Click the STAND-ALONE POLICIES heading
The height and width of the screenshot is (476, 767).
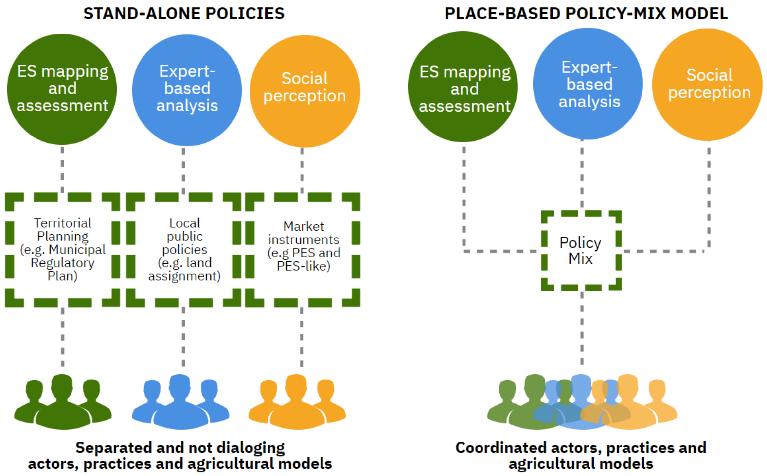point(184,14)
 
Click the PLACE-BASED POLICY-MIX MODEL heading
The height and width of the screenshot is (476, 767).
point(586,14)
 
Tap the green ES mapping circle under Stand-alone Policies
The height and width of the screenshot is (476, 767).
point(62,89)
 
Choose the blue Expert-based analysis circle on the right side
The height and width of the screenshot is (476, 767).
point(588,84)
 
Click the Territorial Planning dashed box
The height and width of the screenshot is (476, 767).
point(62,249)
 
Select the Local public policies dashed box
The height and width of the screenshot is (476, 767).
point(184,249)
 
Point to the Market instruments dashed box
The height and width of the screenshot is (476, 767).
point(303,249)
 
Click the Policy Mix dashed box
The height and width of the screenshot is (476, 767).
point(581,250)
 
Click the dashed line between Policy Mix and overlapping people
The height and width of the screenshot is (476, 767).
point(582,329)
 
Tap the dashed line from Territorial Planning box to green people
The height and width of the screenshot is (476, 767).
point(63,337)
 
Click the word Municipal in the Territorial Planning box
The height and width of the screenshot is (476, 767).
point(77,250)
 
